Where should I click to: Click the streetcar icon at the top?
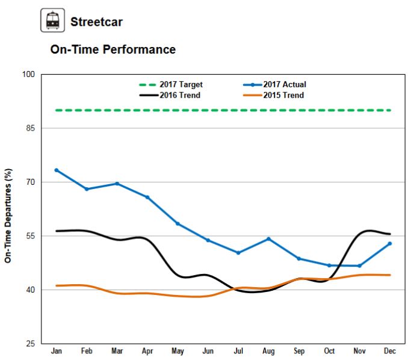[52, 22]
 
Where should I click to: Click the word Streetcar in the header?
[96, 22]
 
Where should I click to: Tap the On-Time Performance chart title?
[113, 50]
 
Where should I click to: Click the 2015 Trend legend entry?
[282, 95]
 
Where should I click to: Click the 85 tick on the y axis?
[31, 128]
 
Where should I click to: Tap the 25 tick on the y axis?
[31, 344]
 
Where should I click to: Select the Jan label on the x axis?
[56, 352]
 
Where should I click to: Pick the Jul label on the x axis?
[238, 352]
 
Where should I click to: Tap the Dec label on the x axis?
[390, 352]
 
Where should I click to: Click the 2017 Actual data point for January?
[57, 170]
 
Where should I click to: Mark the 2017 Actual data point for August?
[268, 239]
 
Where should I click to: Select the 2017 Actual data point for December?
[390, 243]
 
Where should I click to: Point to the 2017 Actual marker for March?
[117, 184]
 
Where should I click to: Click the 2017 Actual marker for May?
[178, 224]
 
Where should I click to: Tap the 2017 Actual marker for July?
[238, 253]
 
